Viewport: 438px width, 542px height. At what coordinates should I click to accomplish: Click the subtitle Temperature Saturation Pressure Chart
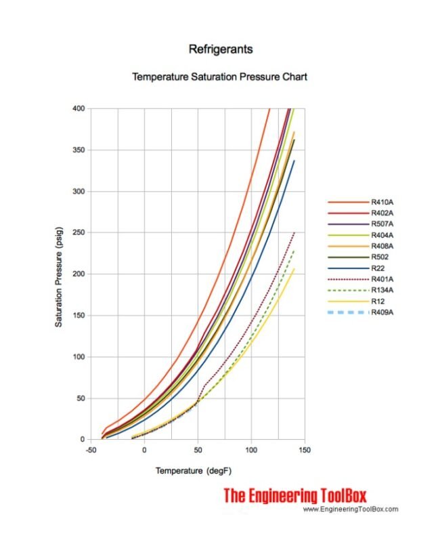coord(219,77)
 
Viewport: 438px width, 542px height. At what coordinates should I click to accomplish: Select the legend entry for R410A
coord(384,202)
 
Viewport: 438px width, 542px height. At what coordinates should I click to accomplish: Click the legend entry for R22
coord(379,268)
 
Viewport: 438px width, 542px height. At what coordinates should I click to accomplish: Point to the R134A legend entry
coord(384,290)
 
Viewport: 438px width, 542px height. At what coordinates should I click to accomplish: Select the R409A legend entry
coord(384,312)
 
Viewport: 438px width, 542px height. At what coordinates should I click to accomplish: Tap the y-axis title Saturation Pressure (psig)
coord(59,274)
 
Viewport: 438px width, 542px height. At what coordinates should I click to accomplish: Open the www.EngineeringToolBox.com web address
coord(350,509)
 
